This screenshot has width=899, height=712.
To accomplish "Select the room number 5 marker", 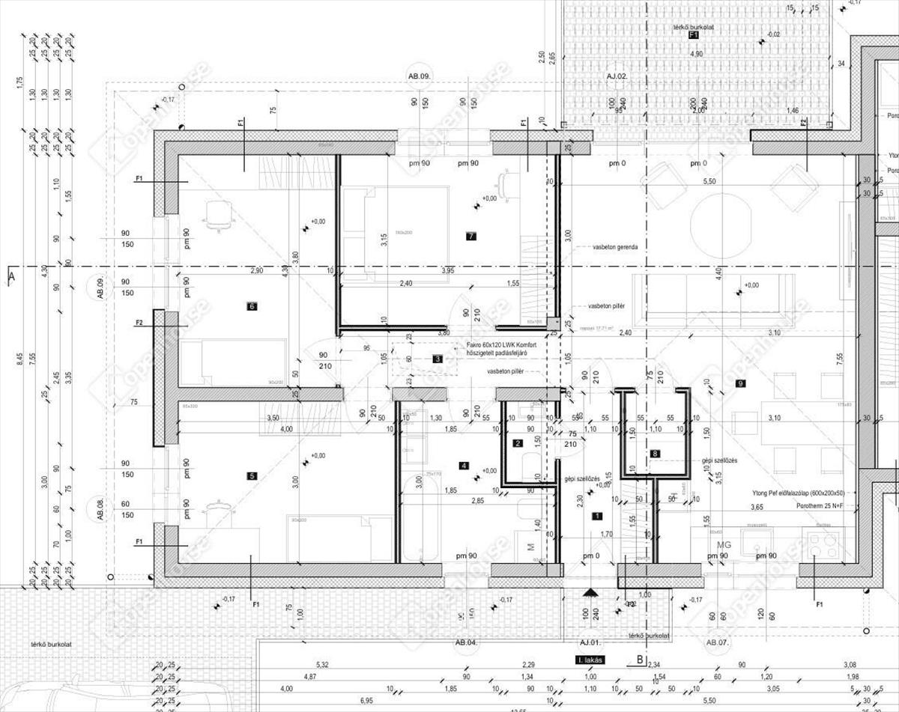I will (x=251, y=475).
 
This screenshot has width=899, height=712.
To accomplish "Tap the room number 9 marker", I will (x=740, y=383).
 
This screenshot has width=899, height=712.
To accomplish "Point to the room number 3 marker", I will (x=438, y=359).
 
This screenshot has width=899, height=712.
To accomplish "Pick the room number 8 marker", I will (x=656, y=453).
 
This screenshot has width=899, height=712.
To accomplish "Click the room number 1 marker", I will (x=251, y=305).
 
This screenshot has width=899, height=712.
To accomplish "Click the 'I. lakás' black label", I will (x=590, y=660).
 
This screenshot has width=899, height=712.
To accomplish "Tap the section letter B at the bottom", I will (x=640, y=660).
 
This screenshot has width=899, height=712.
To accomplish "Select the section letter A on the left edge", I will (x=10, y=276).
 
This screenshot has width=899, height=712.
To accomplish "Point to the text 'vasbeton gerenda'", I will (x=615, y=246).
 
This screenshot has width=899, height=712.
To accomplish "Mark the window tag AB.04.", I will (x=466, y=642).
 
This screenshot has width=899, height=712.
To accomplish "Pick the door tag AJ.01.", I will (x=590, y=642).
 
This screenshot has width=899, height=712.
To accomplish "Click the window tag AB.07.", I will (x=717, y=642).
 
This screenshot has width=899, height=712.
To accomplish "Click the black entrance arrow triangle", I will (x=590, y=591).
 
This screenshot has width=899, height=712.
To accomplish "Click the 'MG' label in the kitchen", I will (x=724, y=544).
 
